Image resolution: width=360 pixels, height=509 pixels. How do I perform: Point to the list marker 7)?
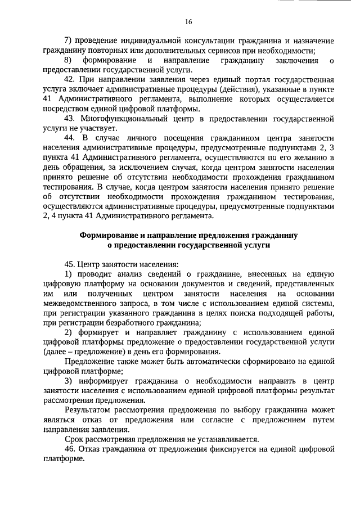pos(69,41)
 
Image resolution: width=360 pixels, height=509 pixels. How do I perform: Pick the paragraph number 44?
pos(70,138)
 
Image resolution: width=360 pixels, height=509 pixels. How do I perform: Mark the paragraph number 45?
pos(70,264)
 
